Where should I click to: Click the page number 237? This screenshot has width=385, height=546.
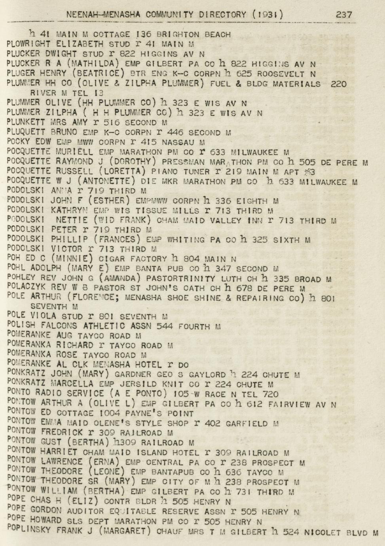coord(343,15)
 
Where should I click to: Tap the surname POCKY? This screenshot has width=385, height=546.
coord(17,142)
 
